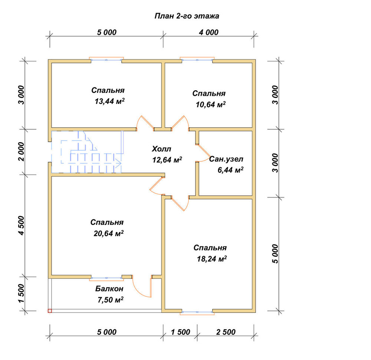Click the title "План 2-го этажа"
tap(187, 16)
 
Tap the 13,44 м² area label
tap(109, 101)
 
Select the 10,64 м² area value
tap(211, 104)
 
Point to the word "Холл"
tap(161, 149)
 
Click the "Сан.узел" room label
tap(226, 159)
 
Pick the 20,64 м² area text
tap(109, 233)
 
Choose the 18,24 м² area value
tap(212, 259)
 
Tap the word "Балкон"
tap(109, 288)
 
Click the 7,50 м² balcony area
tap(110, 300)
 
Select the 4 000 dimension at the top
tap(209, 32)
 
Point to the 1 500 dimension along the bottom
tap(180, 332)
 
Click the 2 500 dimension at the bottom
tap(226, 332)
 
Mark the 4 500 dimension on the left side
tap(21, 225)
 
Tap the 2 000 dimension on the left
tap(21, 152)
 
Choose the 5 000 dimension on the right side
tap(275, 254)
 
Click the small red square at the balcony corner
tap(50, 311)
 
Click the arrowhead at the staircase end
tap(119, 163)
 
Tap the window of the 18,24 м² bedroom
tap(197, 312)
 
